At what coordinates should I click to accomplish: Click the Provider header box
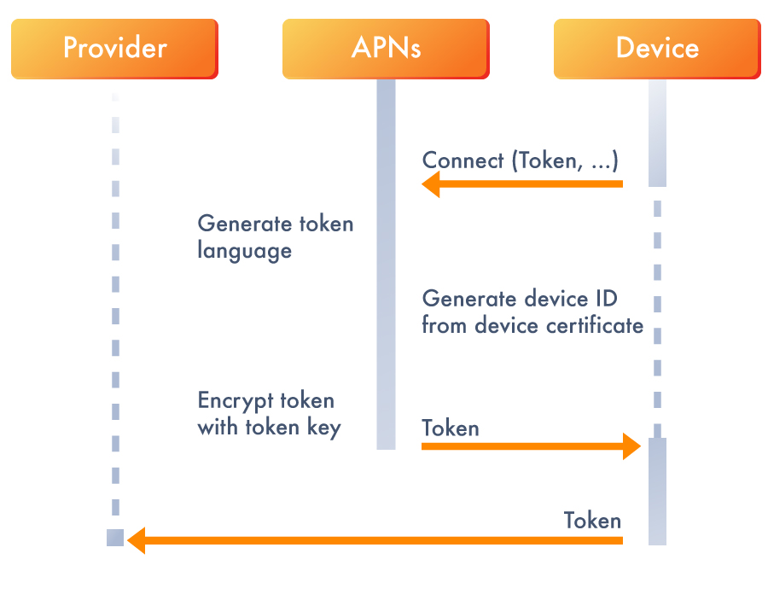coord(114,49)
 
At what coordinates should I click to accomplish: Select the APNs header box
coord(386,49)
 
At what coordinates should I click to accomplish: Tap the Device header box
coord(657,49)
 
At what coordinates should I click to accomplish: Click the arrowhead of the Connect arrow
coord(431,184)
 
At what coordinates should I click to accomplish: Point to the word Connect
coord(463,160)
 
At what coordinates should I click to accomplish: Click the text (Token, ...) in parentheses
coord(565,160)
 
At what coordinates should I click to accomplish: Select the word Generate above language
coord(244,224)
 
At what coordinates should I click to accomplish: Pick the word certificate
coord(595,325)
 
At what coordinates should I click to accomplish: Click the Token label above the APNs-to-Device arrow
coord(450,428)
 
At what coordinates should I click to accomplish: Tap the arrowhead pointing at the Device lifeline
coord(631,446)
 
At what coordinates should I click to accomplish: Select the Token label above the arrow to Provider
coord(592,521)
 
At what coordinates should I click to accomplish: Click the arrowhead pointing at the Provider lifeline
coord(137,541)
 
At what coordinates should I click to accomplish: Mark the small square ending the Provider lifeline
coord(115,538)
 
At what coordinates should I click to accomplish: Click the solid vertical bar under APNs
coord(386,265)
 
